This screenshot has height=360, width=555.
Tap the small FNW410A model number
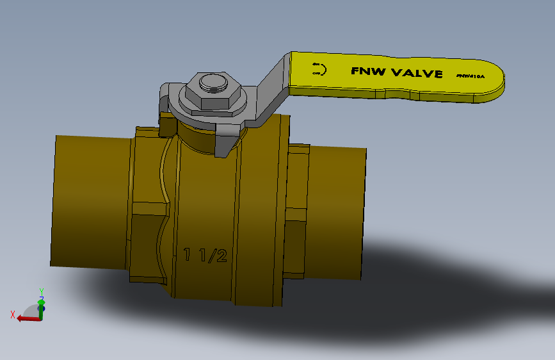[x=471, y=76]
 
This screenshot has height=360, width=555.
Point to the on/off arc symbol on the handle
[x=319, y=69]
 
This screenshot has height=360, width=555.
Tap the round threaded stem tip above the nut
[x=213, y=83]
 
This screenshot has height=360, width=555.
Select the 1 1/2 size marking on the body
[x=205, y=256]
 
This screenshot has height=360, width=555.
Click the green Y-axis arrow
[x=42, y=306]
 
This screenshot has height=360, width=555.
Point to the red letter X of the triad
[x=13, y=314]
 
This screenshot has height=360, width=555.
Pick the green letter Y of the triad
[x=41, y=291]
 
